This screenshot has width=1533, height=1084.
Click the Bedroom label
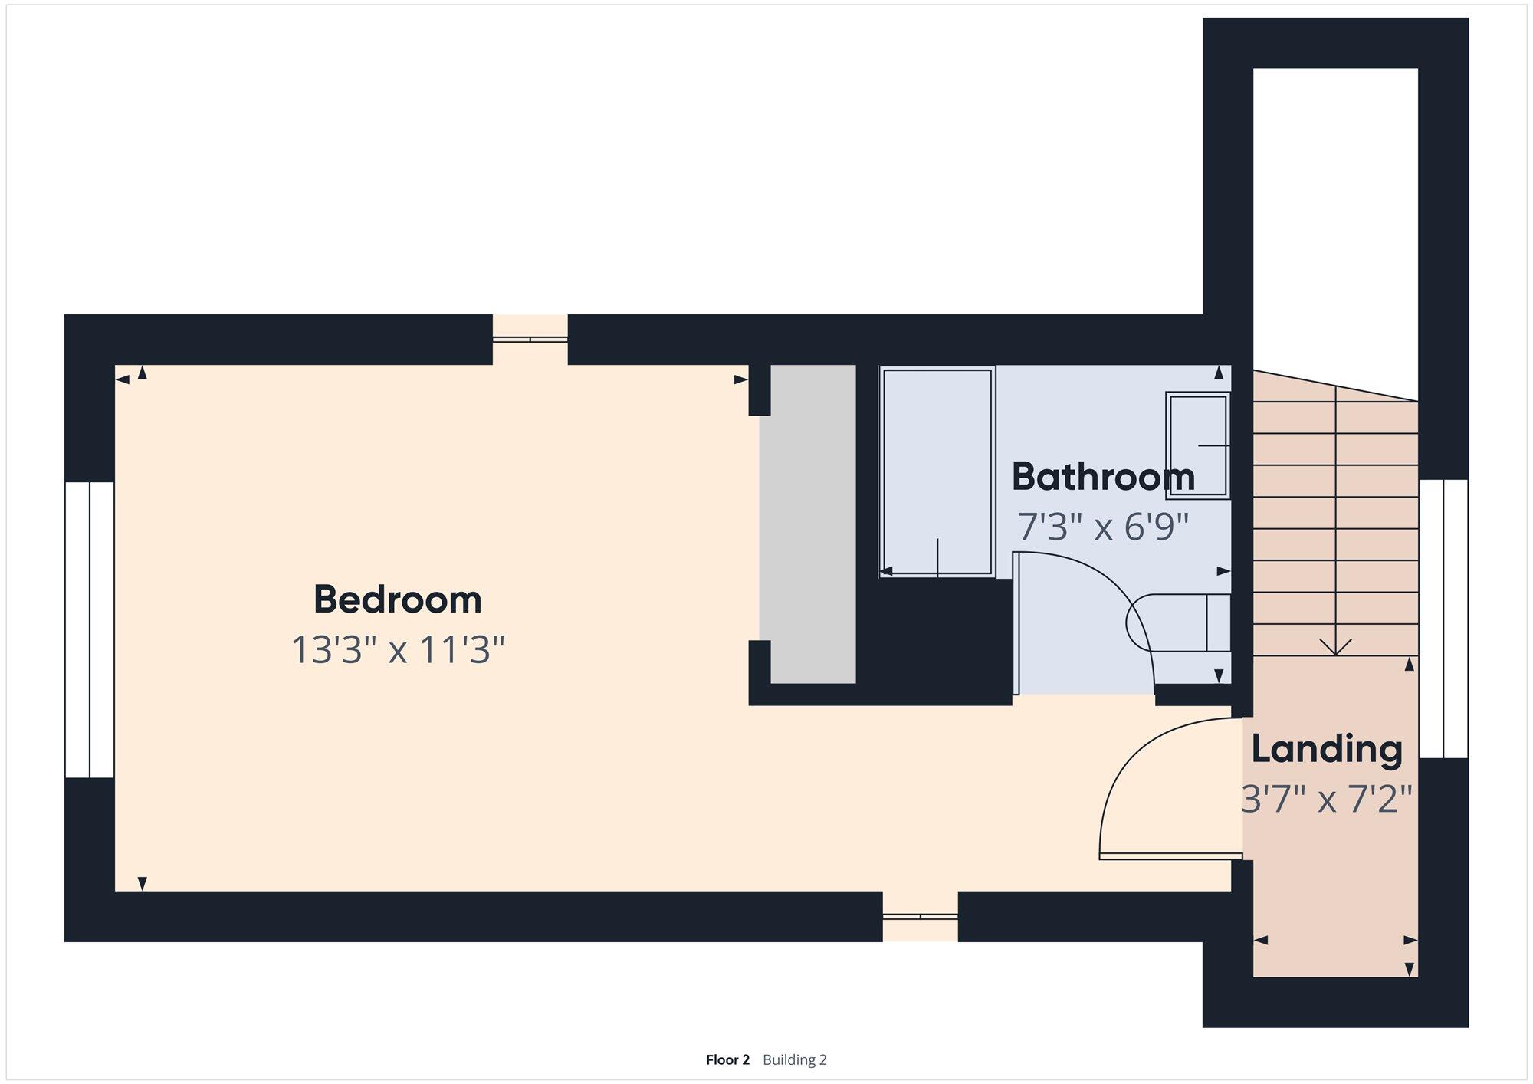(398, 599)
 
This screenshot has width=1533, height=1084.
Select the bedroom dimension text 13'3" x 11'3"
(398, 649)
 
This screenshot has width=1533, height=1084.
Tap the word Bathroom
(1103, 476)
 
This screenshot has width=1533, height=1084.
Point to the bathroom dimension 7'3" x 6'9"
(1103, 527)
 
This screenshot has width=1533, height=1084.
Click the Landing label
(1327, 749)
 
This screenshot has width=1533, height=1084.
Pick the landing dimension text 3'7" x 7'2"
(1327, 800)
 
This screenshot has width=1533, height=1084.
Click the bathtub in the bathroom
(937, 471)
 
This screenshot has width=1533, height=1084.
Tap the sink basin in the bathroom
(1198, 445)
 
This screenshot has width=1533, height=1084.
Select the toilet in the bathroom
(1178, 622)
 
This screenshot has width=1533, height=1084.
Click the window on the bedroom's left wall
(90, 629)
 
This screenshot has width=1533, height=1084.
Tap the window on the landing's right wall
(1443, 619)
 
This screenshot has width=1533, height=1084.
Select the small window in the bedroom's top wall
(530, 340)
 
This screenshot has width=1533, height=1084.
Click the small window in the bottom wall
(920, 916)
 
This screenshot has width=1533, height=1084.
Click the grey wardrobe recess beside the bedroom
(812, 524)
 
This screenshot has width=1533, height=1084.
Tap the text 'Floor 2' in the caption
(727, 1059)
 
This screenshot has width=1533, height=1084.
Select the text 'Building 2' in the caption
(795, 1059)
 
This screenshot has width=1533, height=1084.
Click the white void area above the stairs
(1335, 222)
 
